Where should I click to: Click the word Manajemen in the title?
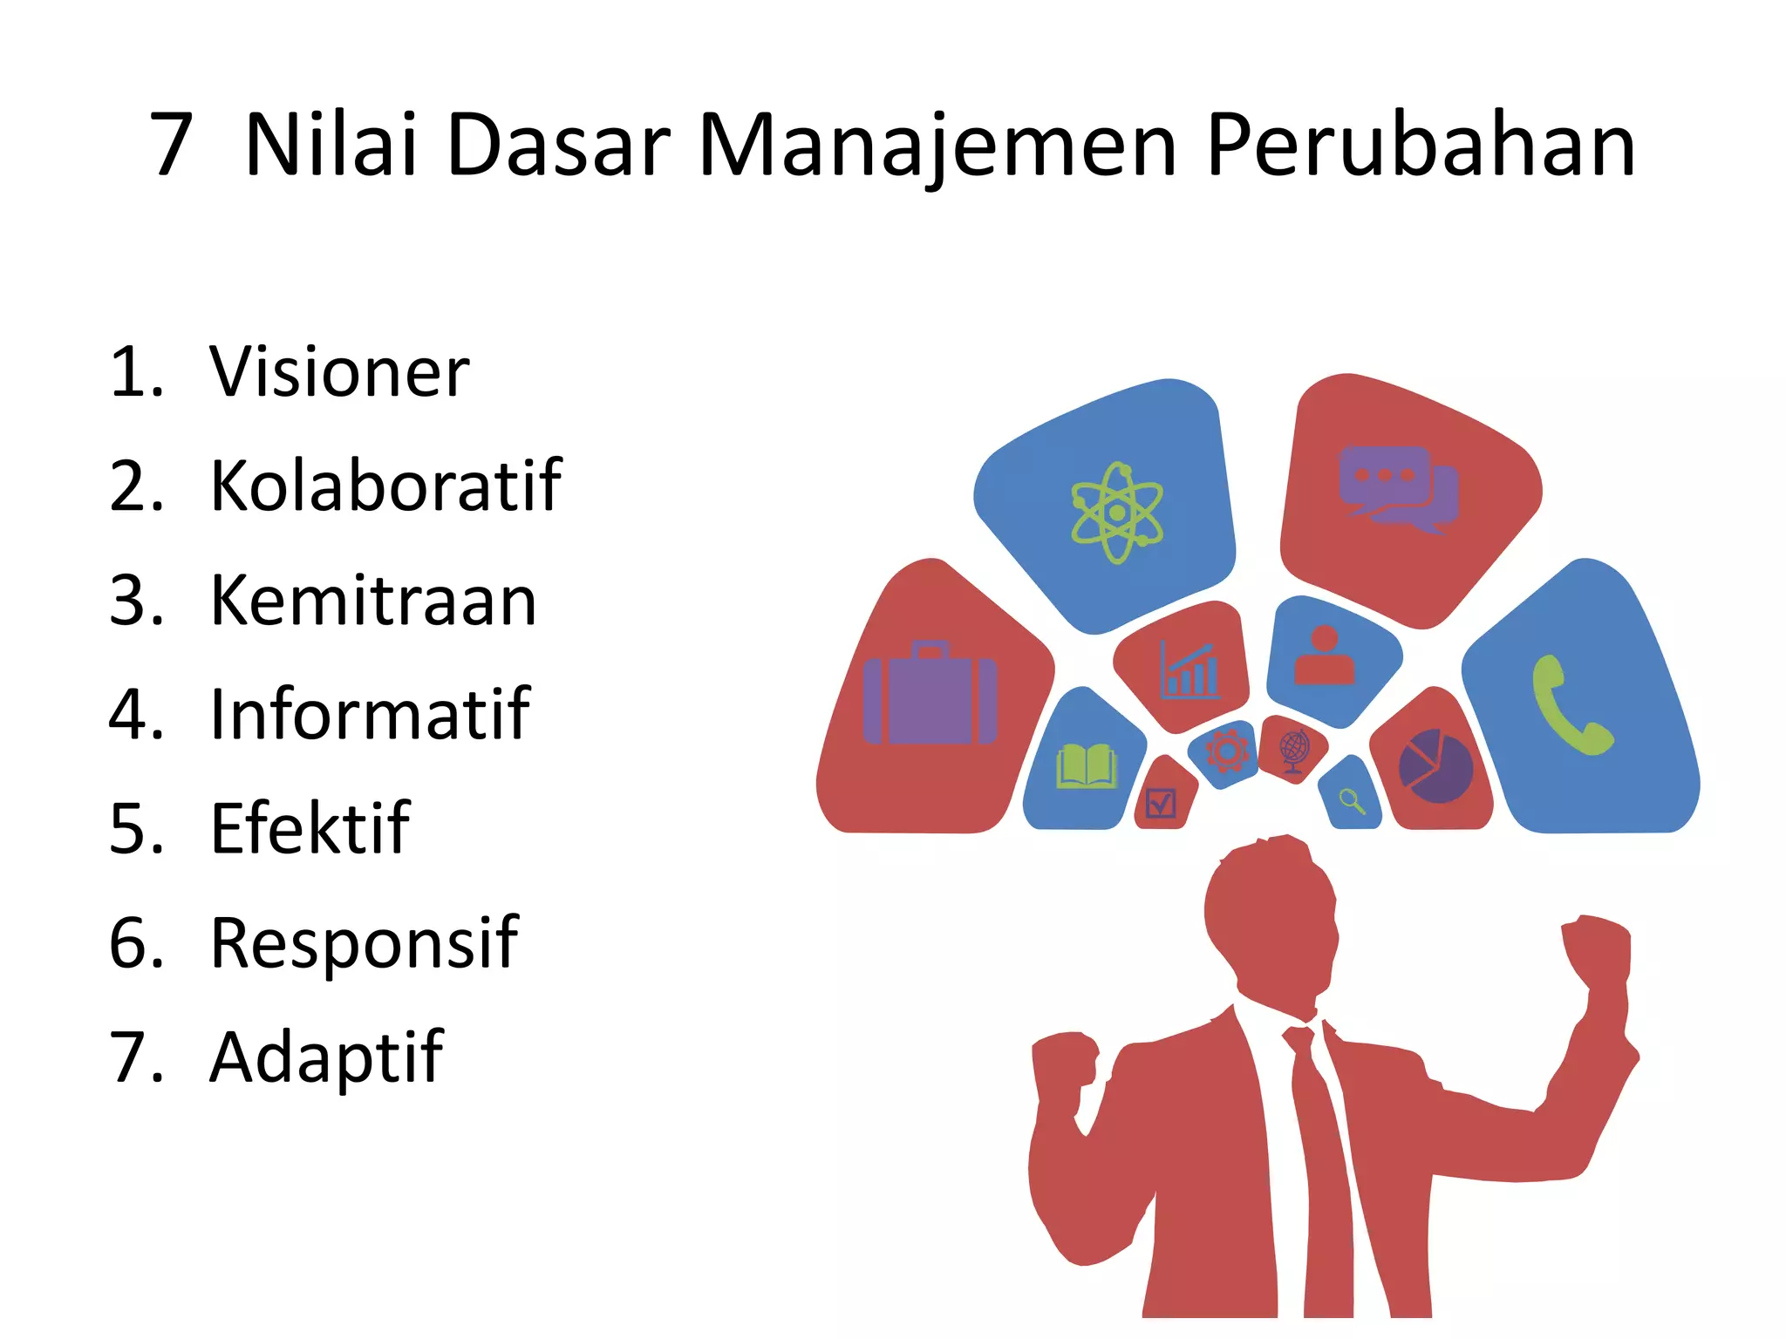click(x=937, y=146)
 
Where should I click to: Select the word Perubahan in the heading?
click(x=1421, y=146)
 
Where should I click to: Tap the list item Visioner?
click(x=339, y=372)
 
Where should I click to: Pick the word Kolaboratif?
click(x=385, y=486)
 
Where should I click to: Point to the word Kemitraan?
click(x=373, y=601)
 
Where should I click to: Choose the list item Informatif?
click(x=370, y=714)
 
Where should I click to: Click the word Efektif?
click(x=310, y=828)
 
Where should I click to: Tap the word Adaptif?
click(x=327, y=1057)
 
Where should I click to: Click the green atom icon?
click(x=1116, y=513)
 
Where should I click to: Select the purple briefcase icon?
click(x=930, y=695)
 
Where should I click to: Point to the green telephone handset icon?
click(x=1570, y=704)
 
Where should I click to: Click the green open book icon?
click(x=1086, y=766)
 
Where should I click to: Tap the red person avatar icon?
click(x=1325, y=656)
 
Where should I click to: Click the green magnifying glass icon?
click(x=1352, y=799)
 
